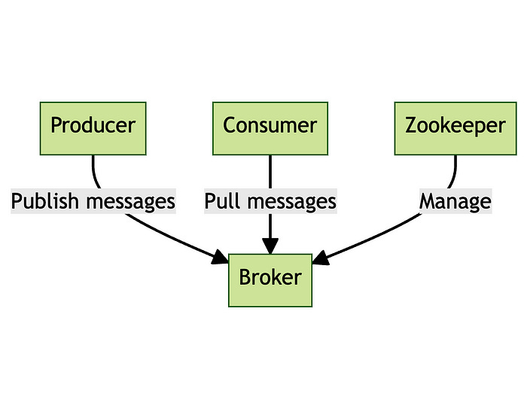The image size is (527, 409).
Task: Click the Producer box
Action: tap(93, 128)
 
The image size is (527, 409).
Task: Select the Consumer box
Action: tap(270, 128)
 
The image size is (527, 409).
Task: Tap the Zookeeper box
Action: tap(455, 128)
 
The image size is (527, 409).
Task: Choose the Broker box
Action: tap(270, 279)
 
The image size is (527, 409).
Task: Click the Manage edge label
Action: tap(455, 202)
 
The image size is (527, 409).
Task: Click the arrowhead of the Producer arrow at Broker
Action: tap(221, 258)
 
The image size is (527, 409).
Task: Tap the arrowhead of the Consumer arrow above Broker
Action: tap(270, 246)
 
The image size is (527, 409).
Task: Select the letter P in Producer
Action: tap(56, 125)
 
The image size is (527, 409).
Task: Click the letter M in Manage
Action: tap(427, 202)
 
